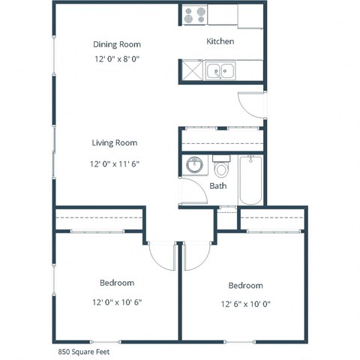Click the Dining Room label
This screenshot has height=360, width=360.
pyautogui.click(x=116, y=44)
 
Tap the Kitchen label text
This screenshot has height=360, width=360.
pyautogui.click(x=220, y=42)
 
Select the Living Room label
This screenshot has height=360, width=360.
pyautogui.click(x=114, y=142)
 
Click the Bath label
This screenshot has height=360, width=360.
pyautogui.click(x=218, y=186)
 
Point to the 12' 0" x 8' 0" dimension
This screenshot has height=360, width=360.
pyautogui.click(x=116, y=59)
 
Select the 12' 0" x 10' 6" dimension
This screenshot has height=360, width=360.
pyautogui.click(x=116, y=303)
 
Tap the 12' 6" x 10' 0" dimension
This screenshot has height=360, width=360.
pyautogui.click(x=245, y=304)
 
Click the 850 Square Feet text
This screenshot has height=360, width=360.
pyautogui.click(x=85, y=350)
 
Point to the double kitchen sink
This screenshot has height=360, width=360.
pyautogui.click(x=222, y=71)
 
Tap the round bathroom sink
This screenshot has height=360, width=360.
pyautogui.click(x=195, y=164)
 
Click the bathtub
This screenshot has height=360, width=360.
pyautogui.click(x=250, y=180)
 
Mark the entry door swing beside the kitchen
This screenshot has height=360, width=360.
pyautogui.click(x=251, y=105)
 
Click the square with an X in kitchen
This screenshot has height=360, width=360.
pyautogui.click(x=190, y=71)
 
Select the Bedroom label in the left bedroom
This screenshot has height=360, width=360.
pyautogui.click(x=116, y=283)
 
